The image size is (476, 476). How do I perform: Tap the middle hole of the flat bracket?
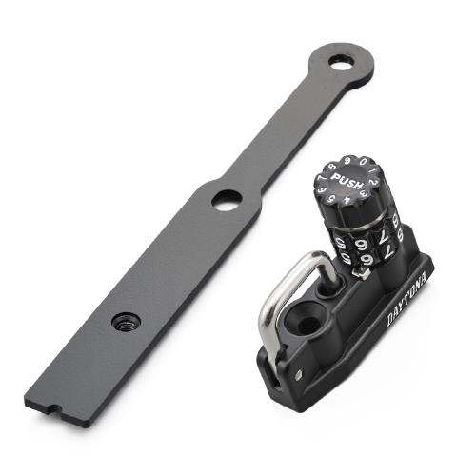coord(226,200)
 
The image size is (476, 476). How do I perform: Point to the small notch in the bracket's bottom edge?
coord(54,411)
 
